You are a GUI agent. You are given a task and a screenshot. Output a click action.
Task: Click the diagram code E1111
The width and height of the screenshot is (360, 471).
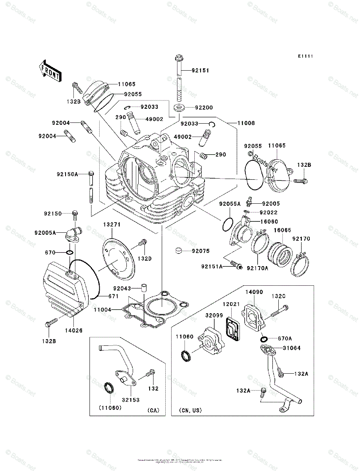click(305, 57)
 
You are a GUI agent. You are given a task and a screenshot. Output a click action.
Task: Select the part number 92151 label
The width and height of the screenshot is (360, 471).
click(200, 71)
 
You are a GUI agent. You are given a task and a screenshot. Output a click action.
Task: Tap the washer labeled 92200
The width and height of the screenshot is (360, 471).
click(179, 107)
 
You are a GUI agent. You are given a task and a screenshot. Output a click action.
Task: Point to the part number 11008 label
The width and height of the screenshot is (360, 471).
click(246, 123)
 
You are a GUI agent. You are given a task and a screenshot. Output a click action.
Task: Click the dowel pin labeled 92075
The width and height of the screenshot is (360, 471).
click(179, 250)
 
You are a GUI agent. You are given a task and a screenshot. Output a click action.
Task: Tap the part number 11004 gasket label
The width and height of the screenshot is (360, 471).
click(102, 310)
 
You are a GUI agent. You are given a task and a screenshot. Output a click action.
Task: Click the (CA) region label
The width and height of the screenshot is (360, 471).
click(153, 411)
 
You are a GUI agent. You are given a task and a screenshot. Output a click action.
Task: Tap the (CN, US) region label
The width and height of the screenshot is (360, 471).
click(190, 411)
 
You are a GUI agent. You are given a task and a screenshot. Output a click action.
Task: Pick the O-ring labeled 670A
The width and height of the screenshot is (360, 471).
click(264, 338)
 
